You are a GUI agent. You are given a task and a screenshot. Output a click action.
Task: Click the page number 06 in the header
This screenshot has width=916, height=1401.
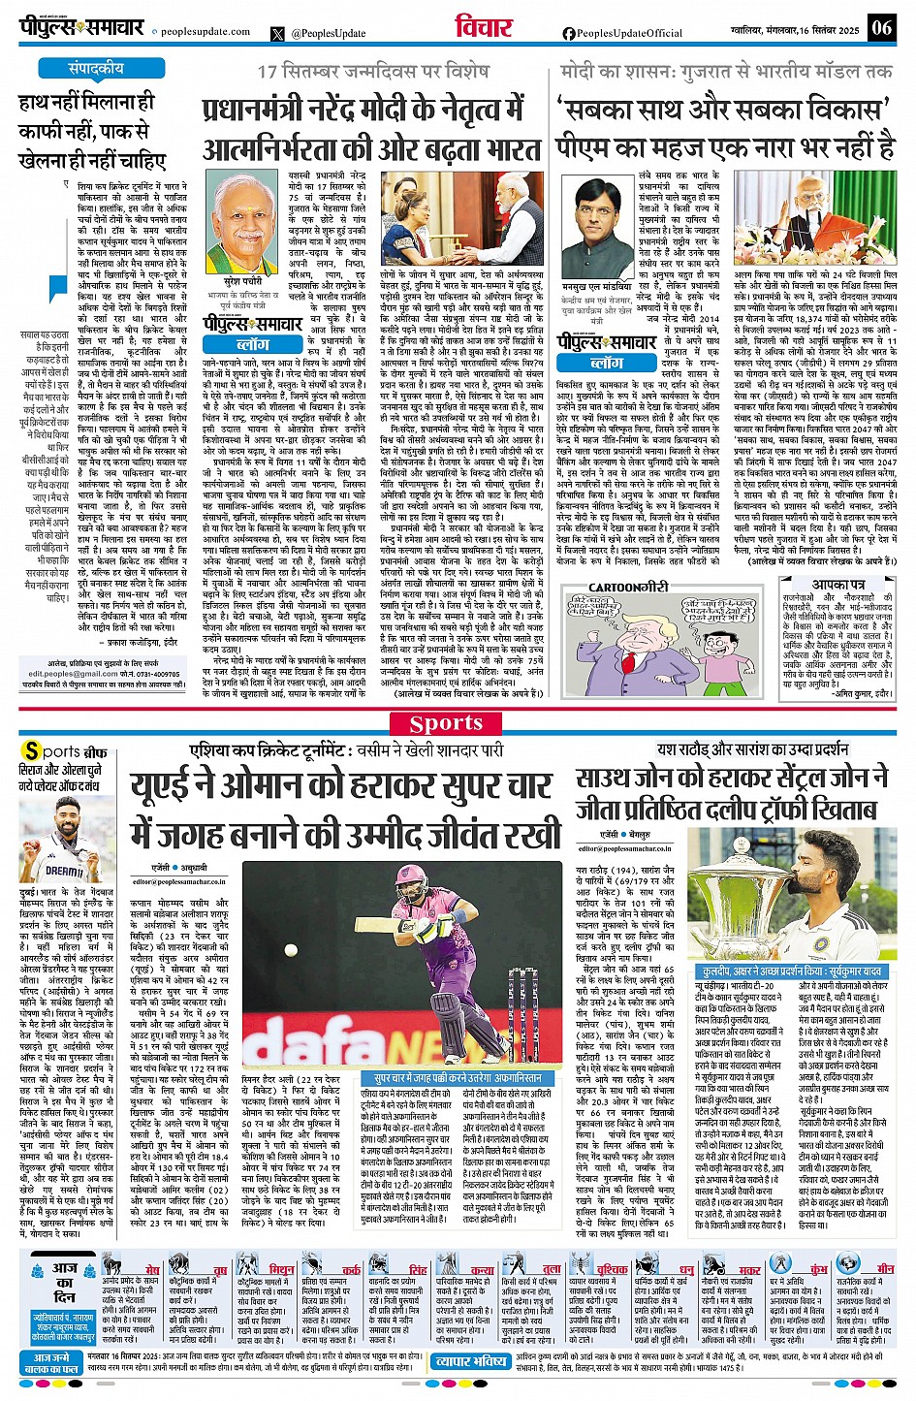(881, 27)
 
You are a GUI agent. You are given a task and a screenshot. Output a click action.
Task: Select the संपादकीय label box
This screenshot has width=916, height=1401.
(97, 69)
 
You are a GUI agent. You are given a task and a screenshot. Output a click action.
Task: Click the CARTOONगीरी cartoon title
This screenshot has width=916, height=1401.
(630, 588)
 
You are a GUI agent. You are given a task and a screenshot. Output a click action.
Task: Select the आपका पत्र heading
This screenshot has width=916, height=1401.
(839, 584)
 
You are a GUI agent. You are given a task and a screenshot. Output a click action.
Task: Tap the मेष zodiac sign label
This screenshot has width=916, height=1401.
(152, 1269)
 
